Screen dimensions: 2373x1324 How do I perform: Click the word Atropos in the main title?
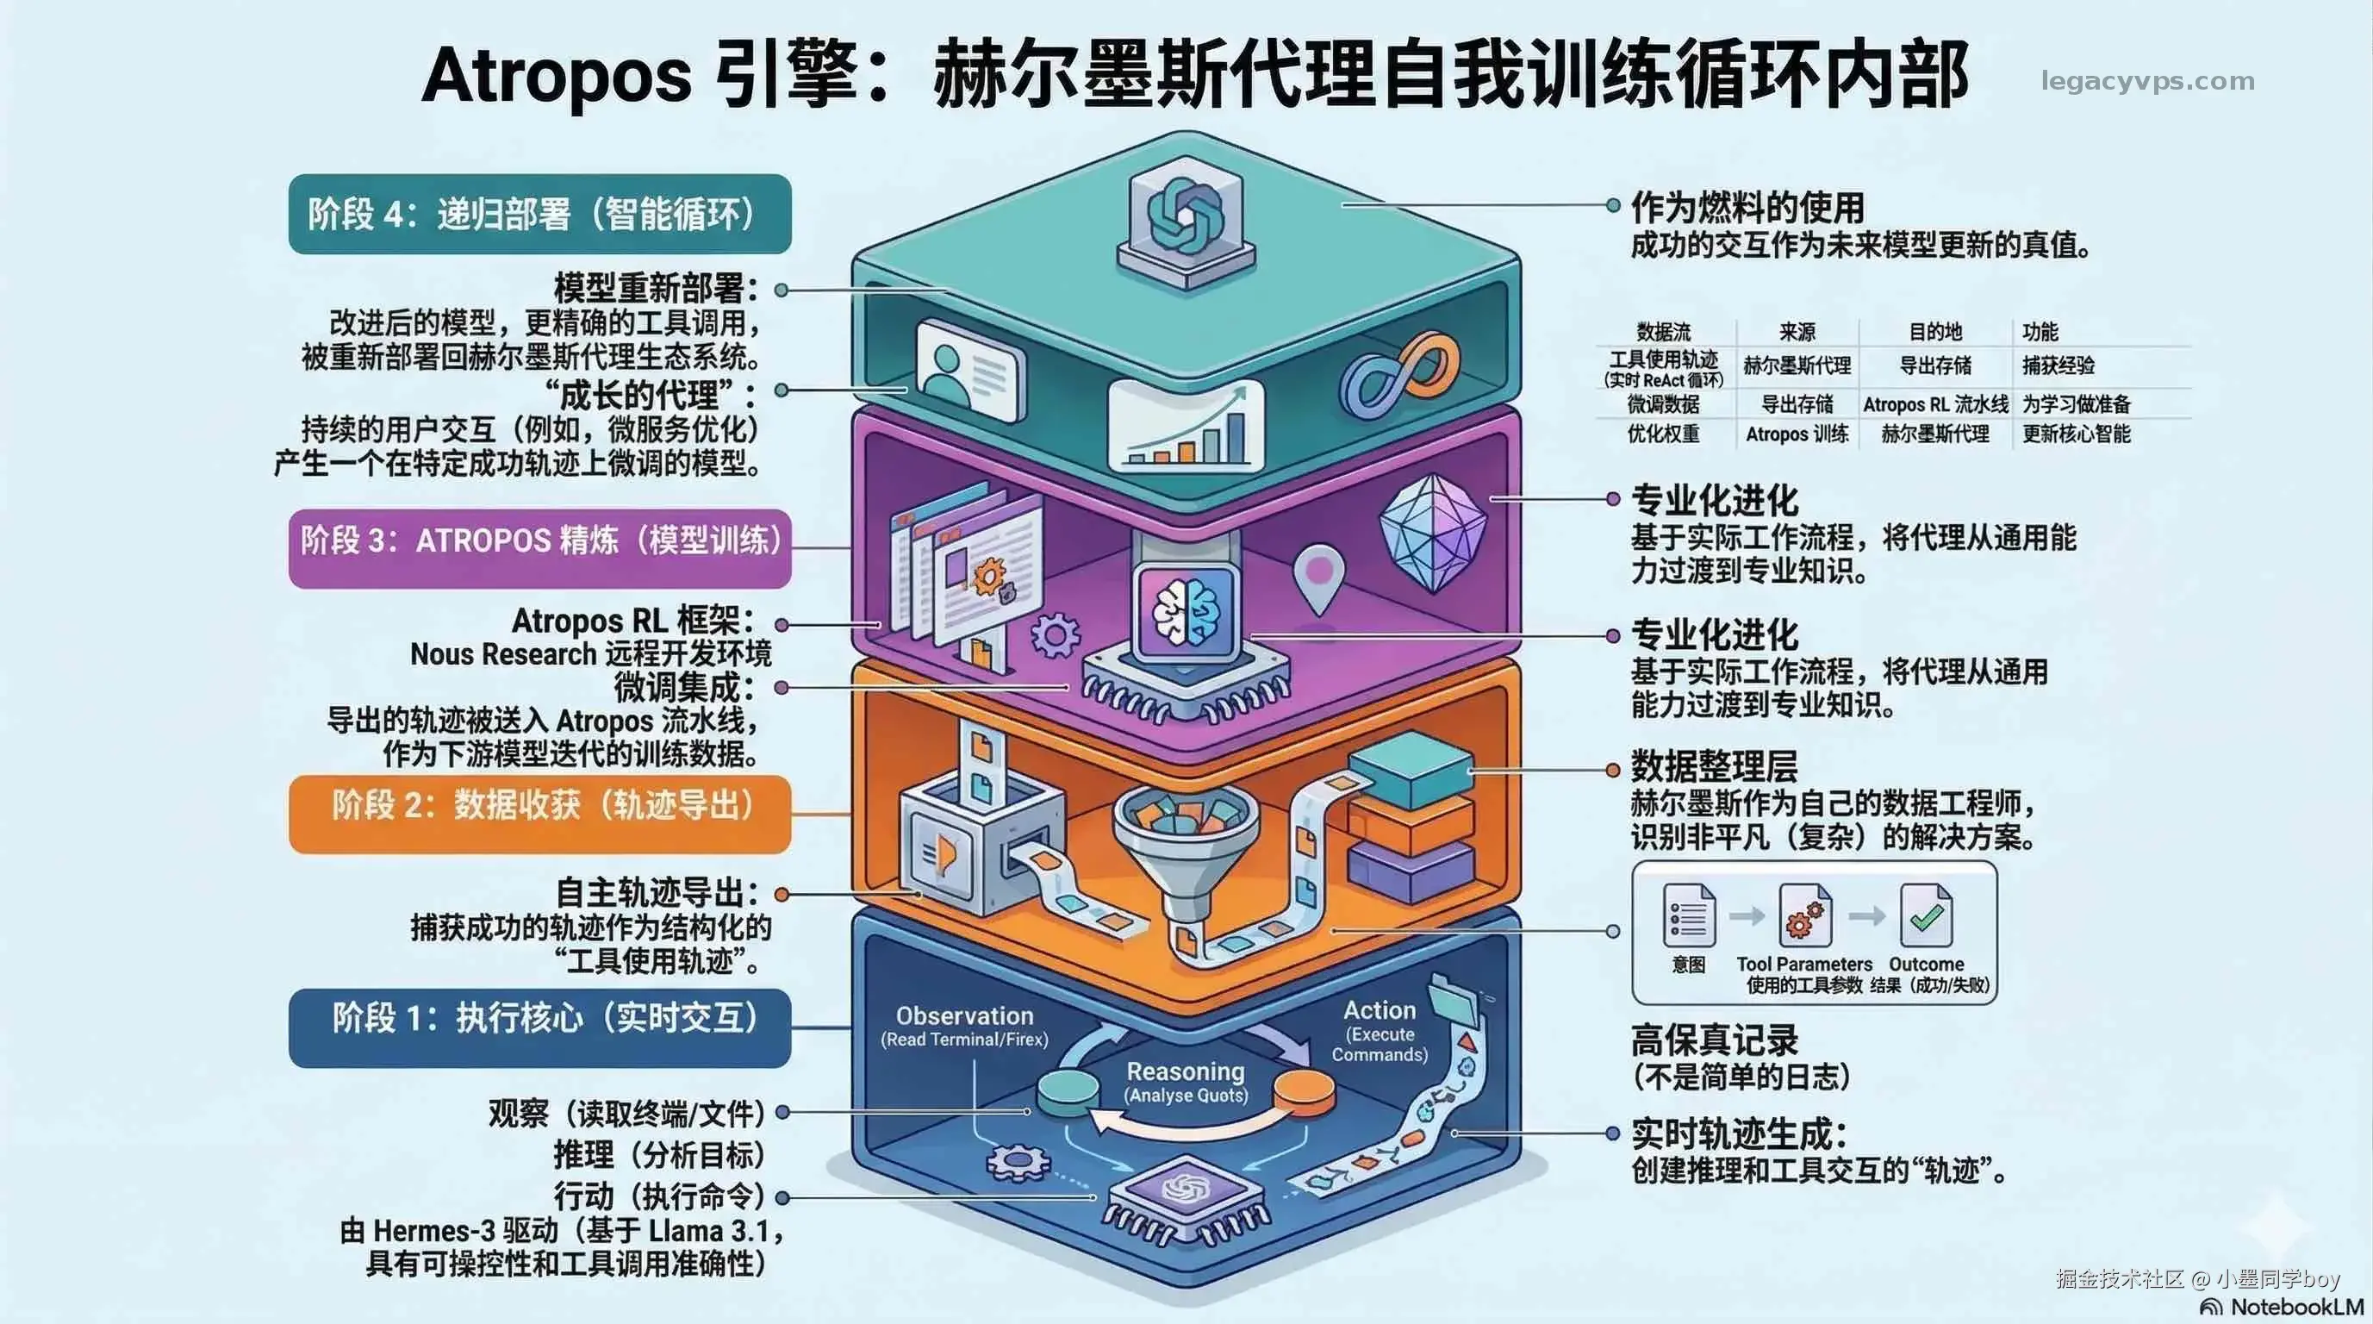(x=557, y=77)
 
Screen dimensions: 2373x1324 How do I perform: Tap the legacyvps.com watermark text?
(x=2147, y=81)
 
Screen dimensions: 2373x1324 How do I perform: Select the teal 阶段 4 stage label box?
(x=539, y=214)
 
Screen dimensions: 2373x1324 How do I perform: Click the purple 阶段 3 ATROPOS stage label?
(x=539, y=548)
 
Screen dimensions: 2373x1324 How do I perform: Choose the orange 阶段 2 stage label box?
(x=539, y=814)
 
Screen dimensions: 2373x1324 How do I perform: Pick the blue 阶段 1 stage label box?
(x=539, y=1028)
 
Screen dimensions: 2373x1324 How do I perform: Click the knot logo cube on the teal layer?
(x=1186, y=222)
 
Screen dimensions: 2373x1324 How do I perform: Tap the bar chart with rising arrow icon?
(x=1187, y=426)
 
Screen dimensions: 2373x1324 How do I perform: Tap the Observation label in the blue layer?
(x=964, y=1015)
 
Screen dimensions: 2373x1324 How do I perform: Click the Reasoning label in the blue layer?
(x=1186, y=1071)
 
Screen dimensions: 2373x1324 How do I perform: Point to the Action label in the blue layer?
(x=1379, y=1010)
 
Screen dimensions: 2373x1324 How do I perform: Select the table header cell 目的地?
(x=1934, y=332)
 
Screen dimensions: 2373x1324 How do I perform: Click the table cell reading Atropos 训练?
(x=1797, y=434)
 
